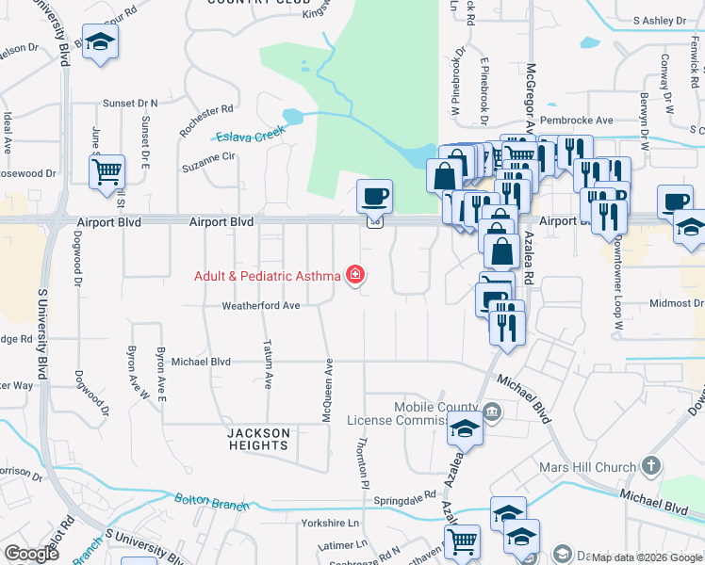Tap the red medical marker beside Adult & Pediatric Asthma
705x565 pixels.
[x=356, y=276]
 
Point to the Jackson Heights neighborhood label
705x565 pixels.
[x=258, y=439]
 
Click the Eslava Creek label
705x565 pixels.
[x=250, y=135]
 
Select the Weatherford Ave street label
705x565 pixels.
[x=260, y=306]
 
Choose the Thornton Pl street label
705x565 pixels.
[x=361, y=462]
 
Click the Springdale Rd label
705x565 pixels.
[x=404, y=494]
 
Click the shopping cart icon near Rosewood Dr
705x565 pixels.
[x=107, y=172]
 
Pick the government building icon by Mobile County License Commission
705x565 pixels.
[x=491, y=412]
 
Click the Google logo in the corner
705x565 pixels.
[x=31, y=554]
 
